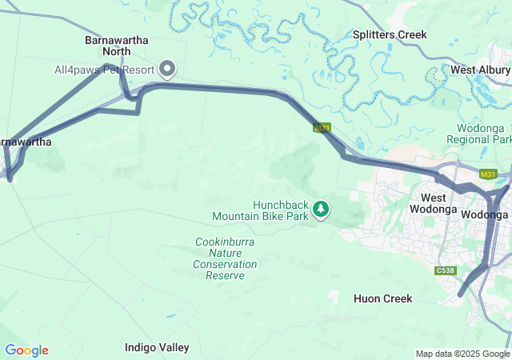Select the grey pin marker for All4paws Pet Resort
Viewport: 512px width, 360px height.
(168, 70)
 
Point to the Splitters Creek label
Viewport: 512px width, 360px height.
(390, 35)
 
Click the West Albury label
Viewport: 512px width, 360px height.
(480, 70)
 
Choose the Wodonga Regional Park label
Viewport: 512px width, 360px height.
(483, 134)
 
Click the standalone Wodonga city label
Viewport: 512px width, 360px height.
(485, 215)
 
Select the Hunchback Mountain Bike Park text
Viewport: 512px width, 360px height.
(260, 210)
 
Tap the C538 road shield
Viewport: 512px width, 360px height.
(446, 271)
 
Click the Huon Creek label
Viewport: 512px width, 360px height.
(382, 298)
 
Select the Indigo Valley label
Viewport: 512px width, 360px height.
(157, 347)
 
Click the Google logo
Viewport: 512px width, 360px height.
(26, 350)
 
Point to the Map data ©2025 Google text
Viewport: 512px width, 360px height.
(462, 354)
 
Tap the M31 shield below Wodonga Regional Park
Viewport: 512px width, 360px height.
(488, 174)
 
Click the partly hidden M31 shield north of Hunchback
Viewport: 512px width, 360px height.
(322, 128)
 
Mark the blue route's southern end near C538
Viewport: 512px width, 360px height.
(460, 294)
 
